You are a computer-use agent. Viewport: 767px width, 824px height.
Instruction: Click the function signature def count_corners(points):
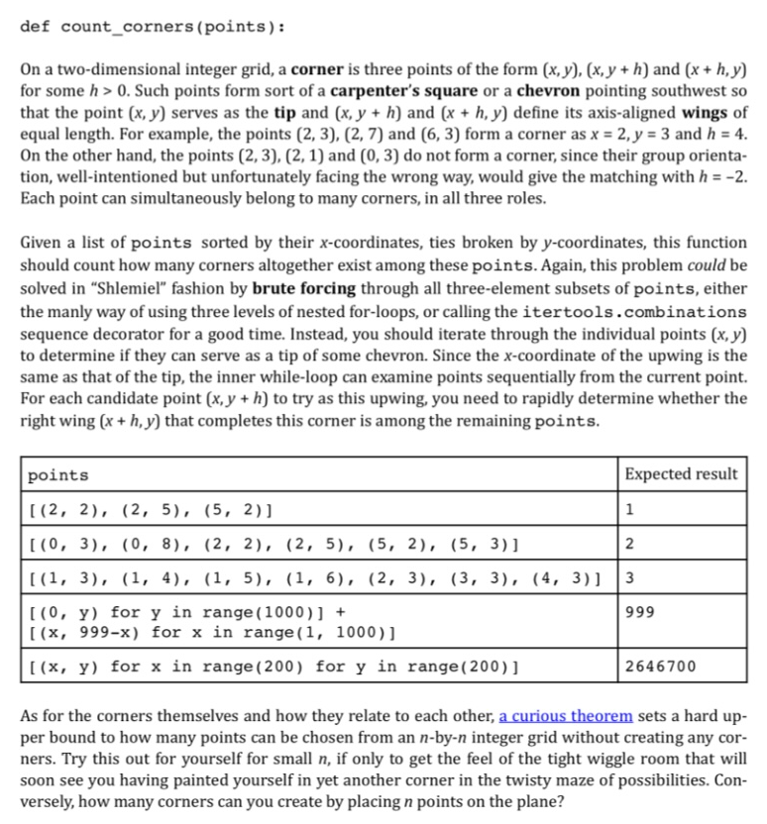coord(153,26)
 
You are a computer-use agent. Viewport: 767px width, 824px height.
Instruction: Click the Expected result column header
coord(682,474)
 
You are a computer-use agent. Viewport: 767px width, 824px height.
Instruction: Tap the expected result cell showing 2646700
coord(660,666)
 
